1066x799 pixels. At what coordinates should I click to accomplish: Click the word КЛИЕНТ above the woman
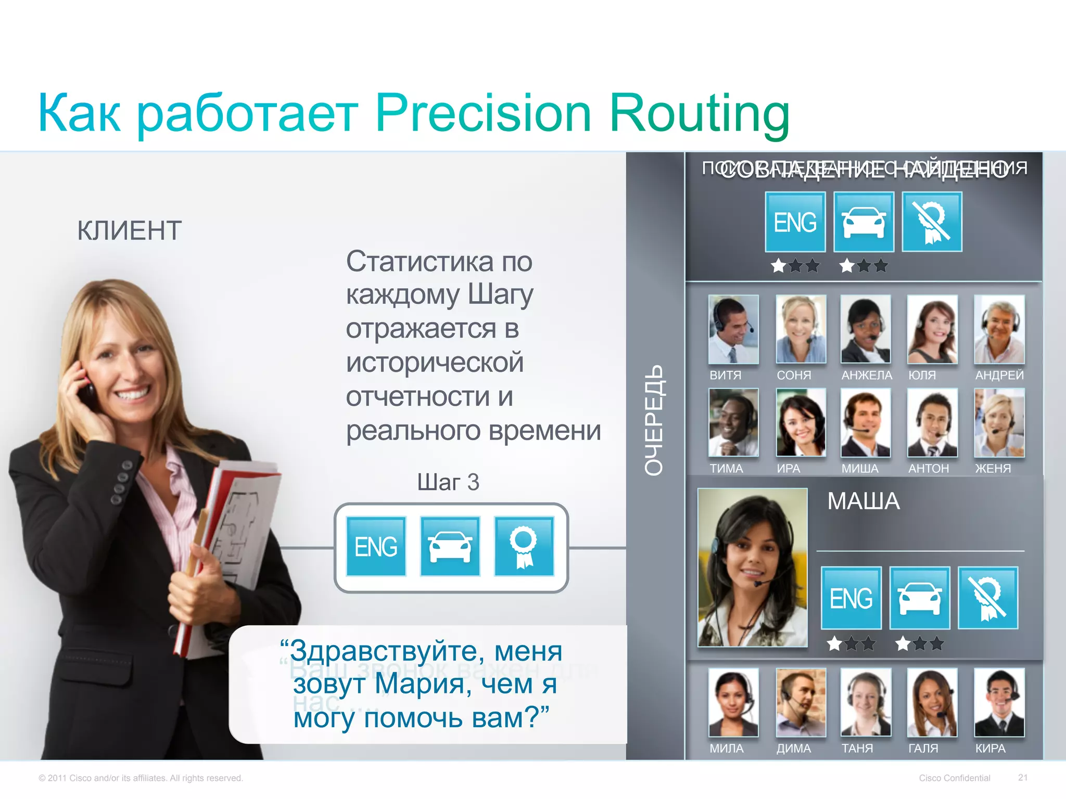point(129,230)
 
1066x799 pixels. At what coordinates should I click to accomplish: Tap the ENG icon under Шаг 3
point(376,546)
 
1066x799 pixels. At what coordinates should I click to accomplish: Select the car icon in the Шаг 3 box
point(450,546)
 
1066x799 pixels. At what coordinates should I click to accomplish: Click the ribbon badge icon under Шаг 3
point(524,546)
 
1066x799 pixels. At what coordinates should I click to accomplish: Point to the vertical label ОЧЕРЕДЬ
point(654,419)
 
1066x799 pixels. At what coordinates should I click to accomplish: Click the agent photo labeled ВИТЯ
point(733,329)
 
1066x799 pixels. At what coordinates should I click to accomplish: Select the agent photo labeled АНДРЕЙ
point(999,329)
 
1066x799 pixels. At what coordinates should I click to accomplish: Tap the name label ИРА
point(788,468)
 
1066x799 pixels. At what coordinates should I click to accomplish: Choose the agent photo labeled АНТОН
point(932,422)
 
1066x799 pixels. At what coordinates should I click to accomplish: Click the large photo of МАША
point(752,567)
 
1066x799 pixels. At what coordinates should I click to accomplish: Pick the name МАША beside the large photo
point(863,501)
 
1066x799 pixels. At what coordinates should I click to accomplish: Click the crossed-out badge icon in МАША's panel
point(987,598)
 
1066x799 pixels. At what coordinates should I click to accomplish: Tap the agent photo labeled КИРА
point(999,702)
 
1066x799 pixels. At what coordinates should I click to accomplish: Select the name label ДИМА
point(793,748)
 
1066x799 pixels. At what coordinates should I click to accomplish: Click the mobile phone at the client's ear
point(86,388)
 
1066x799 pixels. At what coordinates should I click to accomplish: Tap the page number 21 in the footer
point(1022,777)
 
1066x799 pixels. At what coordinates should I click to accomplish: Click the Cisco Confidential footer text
point(954,778)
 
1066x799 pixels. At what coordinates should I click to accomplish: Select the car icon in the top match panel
point(864,222)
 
